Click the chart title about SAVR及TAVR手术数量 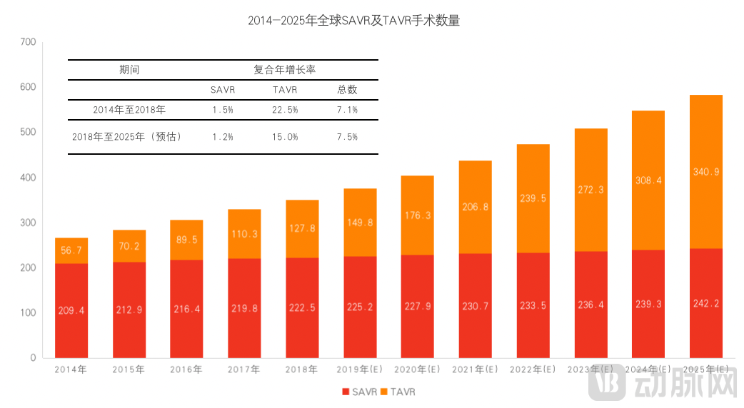pos(353,21)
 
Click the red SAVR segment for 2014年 pos(71,310)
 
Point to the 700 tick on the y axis pos(28,42)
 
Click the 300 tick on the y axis pos(28,223)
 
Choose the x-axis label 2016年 pos(186,369)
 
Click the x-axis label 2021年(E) pos(475,369)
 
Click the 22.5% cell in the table pos(285,110)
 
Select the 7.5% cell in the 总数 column pos(347,136)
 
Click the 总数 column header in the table pos(347,90)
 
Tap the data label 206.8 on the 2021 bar pos(475,207)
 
